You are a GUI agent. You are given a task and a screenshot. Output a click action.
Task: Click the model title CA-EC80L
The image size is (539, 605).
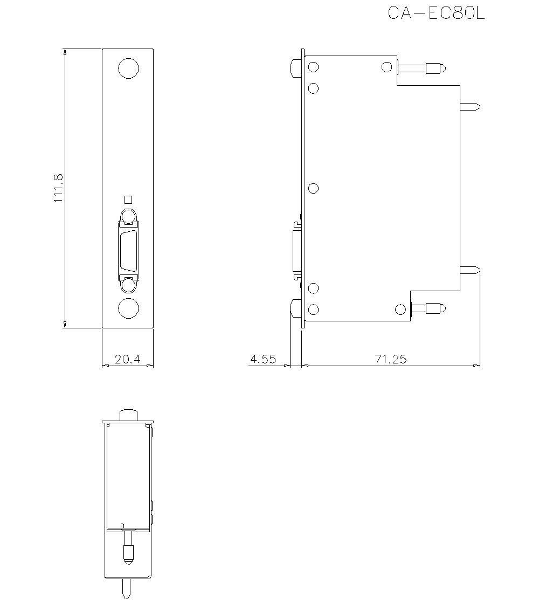[x=436, y=13]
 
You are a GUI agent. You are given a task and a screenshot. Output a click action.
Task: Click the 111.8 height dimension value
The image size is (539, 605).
[x=58, y=188]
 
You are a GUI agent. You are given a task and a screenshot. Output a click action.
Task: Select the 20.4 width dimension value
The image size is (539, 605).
[x=127, y=359]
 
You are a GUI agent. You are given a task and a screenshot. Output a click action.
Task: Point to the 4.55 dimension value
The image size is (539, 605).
[x=262, y=359]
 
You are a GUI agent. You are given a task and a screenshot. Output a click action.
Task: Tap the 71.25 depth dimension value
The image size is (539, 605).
[x=391, y=359]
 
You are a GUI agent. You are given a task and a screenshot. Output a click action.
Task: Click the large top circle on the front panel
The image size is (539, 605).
[x=128, y=69]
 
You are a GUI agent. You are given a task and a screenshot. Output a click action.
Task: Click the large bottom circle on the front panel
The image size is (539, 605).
[x=128, y=308]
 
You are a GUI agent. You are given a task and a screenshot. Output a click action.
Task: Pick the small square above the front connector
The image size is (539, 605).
[x=128, y=199]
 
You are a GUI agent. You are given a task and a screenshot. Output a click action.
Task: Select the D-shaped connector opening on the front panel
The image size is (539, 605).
[x=128, y=251]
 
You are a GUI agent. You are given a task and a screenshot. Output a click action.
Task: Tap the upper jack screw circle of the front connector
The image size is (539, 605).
[x=128, y=216]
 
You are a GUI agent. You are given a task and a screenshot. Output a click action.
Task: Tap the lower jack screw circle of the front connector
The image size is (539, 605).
[x=128, y=285]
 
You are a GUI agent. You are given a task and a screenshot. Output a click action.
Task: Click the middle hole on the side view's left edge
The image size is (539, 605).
[x=313, y=188]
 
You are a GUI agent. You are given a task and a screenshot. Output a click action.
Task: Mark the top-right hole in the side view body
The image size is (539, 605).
[x=386, y=67]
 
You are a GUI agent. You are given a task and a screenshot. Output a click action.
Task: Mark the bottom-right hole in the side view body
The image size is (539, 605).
[x=400, y=309]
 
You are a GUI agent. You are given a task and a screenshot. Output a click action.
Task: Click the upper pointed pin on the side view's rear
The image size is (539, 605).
[x=470, y=106]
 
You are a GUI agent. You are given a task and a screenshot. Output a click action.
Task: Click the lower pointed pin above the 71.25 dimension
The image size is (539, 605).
[x=470, y=270]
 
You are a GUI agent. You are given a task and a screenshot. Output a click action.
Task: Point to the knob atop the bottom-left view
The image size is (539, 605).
[x=128, y=414]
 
